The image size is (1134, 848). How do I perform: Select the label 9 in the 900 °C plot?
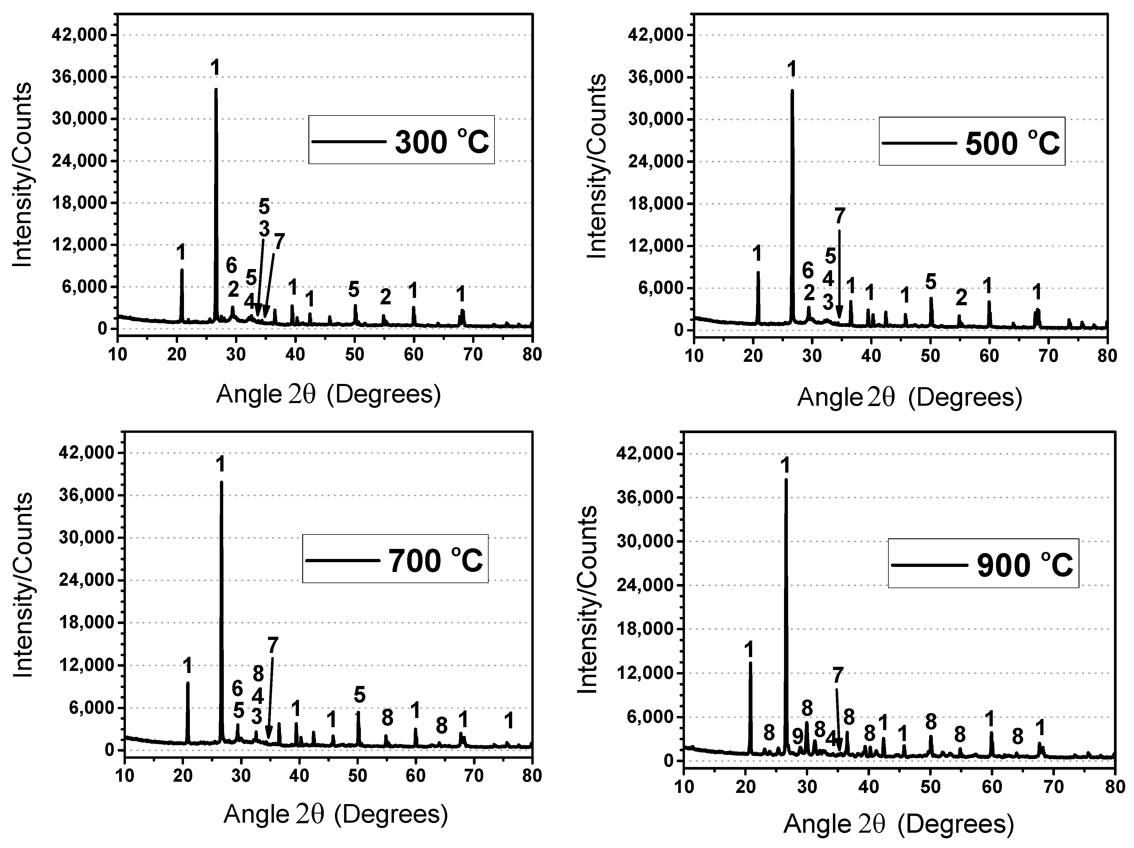[797, 737]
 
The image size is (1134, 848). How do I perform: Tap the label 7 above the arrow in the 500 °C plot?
[839, 216]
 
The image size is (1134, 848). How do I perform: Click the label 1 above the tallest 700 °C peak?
[221, 464]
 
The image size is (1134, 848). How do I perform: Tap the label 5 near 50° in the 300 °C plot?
[354, 290]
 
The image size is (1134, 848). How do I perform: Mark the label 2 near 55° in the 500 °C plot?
[961, 297]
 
